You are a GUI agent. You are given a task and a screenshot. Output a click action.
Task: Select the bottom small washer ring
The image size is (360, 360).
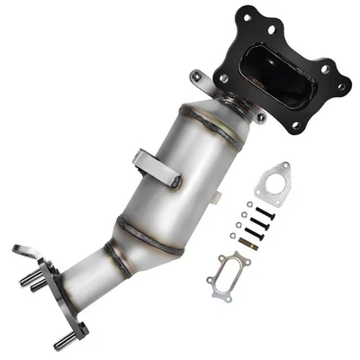[x=233, y=236]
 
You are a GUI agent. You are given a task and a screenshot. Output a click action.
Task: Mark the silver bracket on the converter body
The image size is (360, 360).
[x=153, y=167]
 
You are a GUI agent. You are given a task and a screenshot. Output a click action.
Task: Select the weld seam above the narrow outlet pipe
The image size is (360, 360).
[x=116, y=247]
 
